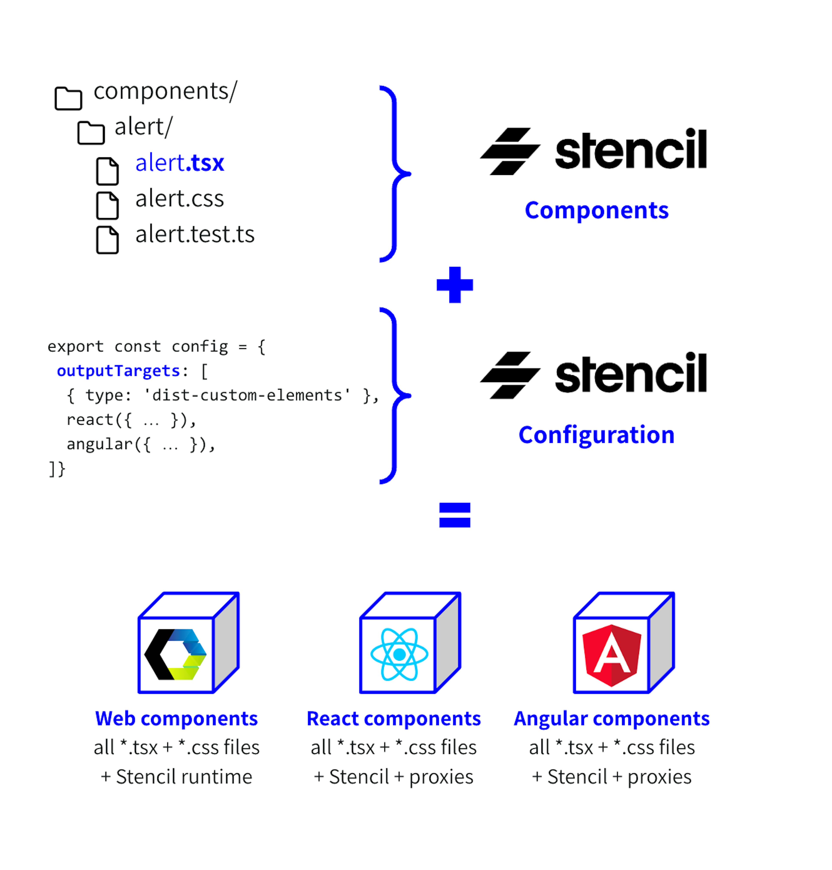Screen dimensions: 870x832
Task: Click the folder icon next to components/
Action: (68, 98)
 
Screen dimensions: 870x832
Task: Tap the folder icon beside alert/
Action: (91, 133)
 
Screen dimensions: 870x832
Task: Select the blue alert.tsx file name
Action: (180, 163)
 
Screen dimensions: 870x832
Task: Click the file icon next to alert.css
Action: (107, 205)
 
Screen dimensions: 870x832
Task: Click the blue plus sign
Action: (455, 285)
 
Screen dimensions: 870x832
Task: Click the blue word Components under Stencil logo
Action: (596, 210)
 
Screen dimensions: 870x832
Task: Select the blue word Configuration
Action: (596, 435)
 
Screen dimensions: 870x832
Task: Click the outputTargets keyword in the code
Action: (119, 371)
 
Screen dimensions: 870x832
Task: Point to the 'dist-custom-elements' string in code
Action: (247, 395)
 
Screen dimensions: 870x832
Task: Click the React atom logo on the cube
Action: (399, 654)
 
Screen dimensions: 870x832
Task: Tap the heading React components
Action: (393, 718)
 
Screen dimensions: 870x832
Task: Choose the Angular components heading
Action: (612, 718)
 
